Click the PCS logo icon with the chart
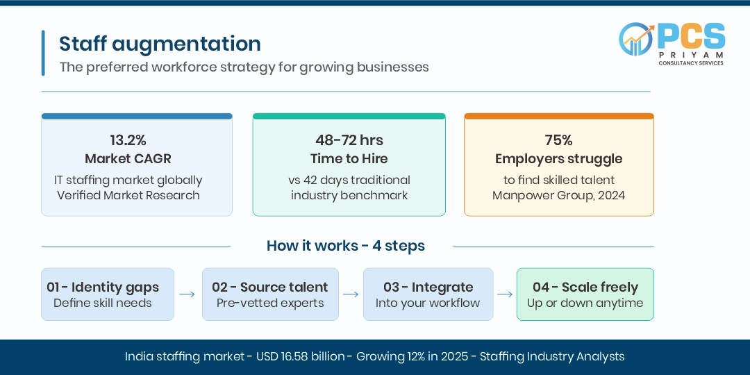tap(636, 39)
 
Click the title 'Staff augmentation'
tap(160, 44)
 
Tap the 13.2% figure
tap(128, 140)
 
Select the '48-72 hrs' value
tap(349, 140)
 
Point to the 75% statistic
tap(558, 140)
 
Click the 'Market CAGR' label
tap(128, 159)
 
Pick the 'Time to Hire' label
tap(349, 159)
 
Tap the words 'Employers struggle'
tap(558, 159)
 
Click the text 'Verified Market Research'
tap(128, 195)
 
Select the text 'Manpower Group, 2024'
tap(558, 195)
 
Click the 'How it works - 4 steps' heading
tap(345, 246)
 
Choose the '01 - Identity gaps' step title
tap(103, 287)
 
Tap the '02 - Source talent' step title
tap(269, 287)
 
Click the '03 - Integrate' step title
tap(428, 287)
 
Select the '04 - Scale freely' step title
tap(585, 287)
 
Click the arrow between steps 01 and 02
tap(187, 294)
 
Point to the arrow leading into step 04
tap(505, 294)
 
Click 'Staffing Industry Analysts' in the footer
tap(552, 356)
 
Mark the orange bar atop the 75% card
tap(558, 116)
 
